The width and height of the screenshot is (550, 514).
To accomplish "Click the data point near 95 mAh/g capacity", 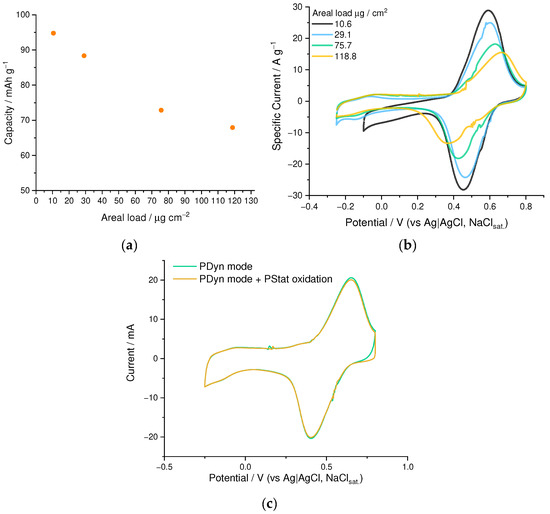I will [x=53, y=33].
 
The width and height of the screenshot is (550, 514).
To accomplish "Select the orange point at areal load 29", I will [x=84, y=56].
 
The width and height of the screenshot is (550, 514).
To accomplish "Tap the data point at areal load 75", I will [x=161, y=110].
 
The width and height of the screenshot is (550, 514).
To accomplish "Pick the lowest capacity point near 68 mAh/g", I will [x=232, y=127].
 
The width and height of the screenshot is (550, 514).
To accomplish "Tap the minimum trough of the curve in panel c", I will [x=311, y=438].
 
